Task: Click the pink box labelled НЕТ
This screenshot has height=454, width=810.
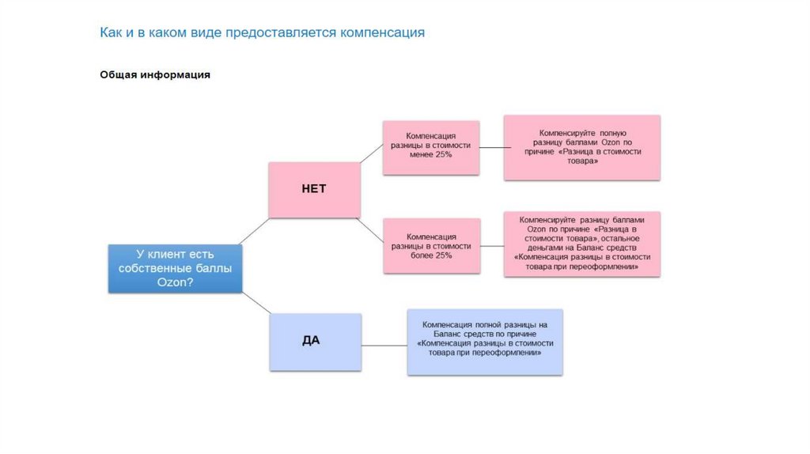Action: click(x=314, y=190)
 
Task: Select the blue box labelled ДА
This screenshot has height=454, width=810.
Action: click(x=315, y=342)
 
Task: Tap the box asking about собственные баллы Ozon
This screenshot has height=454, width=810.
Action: click(x=175, y=269)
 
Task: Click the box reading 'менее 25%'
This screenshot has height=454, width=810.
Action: click(x=431, y=147)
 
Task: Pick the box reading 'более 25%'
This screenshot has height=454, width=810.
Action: click(x=431, y=246)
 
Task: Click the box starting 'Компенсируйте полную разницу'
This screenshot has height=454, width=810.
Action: click(x=582, y=147)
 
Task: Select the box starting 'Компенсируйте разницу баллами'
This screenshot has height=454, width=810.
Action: click(x=582, y=244)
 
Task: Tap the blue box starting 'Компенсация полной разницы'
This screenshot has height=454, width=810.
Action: click(x=485, y=342)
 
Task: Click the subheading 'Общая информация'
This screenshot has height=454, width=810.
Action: click(x=155, y=75)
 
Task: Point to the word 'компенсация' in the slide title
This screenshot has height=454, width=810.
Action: click(x=383, y=33)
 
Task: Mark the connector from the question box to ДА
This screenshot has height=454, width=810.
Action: click(x=255, y=303)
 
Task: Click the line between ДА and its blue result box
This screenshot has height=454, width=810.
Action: click(x=384, y=345)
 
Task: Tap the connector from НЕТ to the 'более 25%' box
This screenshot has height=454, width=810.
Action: click(x=372, y=229)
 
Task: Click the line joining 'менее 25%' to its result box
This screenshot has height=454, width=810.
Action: click(x=492, y=147)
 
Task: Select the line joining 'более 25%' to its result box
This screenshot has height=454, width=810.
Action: click(x=492, y=246)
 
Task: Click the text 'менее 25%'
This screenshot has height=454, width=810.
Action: click(x=431, y=156)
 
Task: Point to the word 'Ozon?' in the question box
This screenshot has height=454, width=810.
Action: click(x=175, y=283)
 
